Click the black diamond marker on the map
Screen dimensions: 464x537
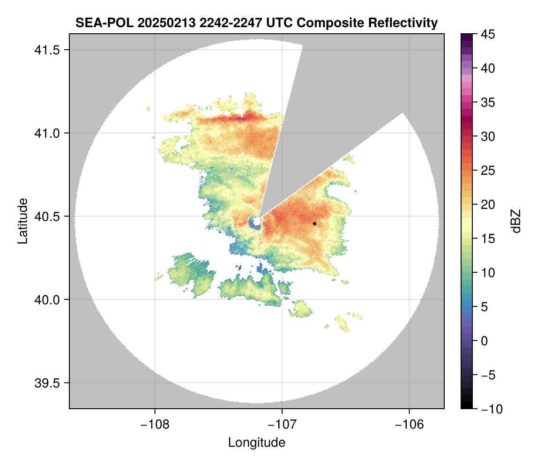pyautogui.click(x=315, y=224)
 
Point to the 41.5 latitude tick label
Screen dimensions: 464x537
pyautogui.click(x=45, y=50)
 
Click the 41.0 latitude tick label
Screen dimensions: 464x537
pyautogui.click(x=45, y=133)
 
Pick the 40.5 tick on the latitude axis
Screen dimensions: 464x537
pyautogui.click(x=45, y=217)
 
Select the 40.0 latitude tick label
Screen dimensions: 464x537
pyautogui.click(x=45, y=299)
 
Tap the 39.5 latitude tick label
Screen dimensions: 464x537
pyautogui.click(x=45, y=383)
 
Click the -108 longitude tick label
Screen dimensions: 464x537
pyautogui.click(x=155, y=424)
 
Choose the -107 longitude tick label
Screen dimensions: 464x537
pyautogui.click(x=282, y=424)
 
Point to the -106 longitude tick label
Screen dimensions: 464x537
pyautogui.click(x=410, y=424)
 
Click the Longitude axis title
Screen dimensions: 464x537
pyautogui.click(x=257, y=442)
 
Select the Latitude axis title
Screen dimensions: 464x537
pyautogui.click(x=22, y=221)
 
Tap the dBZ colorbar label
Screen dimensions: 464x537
pyautogui.click(x=516, y=221)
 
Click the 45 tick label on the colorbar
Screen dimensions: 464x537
pyautogui.click(x=488, y=34)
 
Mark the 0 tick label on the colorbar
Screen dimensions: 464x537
pyautogui.click(x=485, y=341)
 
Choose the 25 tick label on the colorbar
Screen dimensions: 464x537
pyautogui.click(x=488, y=171)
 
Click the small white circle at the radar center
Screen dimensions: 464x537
pyautogui.click(x=257, y=220)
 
